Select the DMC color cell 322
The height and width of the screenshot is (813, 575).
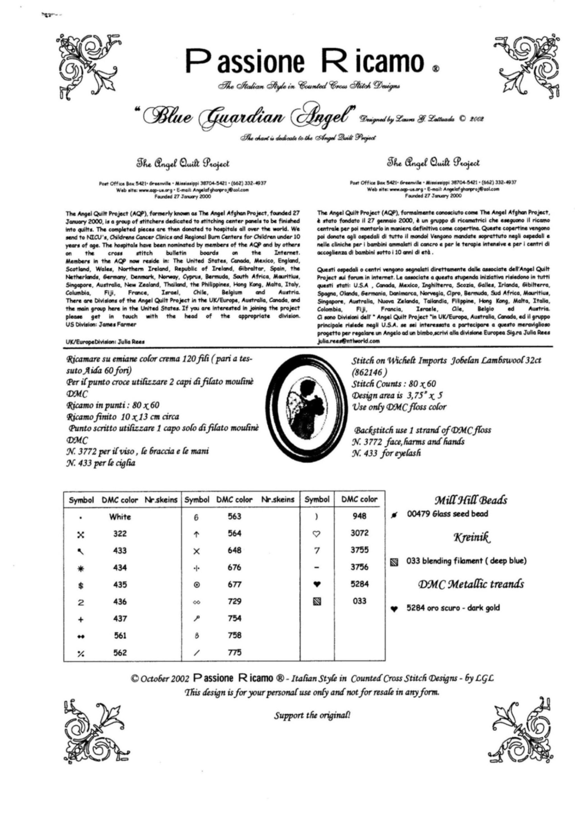tap(120, 533)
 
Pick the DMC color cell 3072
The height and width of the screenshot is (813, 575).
tap(359, 533)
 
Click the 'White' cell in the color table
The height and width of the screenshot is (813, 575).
tap(120, 517)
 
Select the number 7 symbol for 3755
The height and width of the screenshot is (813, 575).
tap(317, 551)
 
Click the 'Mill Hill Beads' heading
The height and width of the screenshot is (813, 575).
tap(471, 500)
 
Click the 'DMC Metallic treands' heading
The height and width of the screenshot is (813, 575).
tap(471, 584)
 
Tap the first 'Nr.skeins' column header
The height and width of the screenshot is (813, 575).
tap(161, 500)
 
